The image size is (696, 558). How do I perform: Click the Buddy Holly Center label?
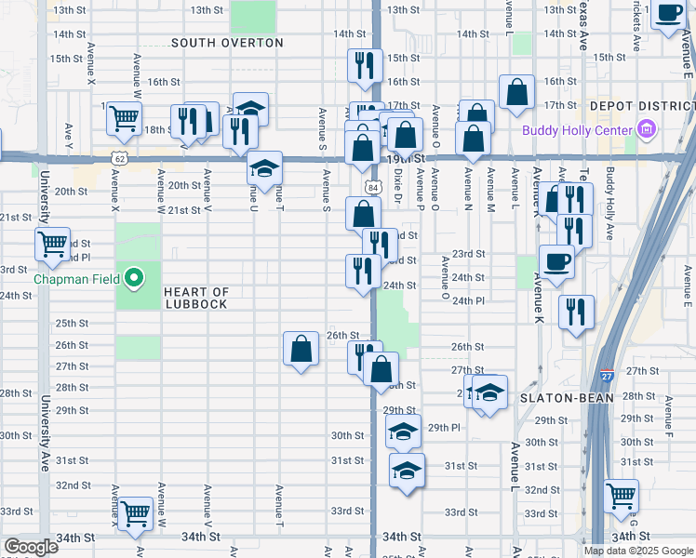[x=576, y=130]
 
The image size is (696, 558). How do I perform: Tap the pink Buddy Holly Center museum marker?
[x=644, y=130]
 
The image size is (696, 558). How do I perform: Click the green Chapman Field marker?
[x=134, y=277]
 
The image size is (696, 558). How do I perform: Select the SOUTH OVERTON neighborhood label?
[x=227, y=43]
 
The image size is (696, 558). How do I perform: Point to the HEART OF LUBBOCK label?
[x=195, y=298]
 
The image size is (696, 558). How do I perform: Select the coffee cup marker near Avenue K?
[x=556, y=261]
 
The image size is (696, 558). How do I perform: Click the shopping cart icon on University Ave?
[x=53, y=244]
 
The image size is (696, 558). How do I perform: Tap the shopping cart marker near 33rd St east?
[x=621, y=496]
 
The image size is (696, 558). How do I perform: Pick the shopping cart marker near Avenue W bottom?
[x=136, y=512]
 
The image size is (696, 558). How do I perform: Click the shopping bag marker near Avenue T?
[x=301, y=349]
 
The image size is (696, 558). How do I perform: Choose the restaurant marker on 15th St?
[x=364, y=65]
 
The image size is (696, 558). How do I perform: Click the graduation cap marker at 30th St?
[x=403, y=432]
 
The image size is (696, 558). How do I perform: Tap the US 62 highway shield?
[x=119, y=159]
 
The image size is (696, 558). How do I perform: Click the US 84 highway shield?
[x=372, y=186]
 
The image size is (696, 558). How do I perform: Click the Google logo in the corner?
[x=30, y=548]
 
